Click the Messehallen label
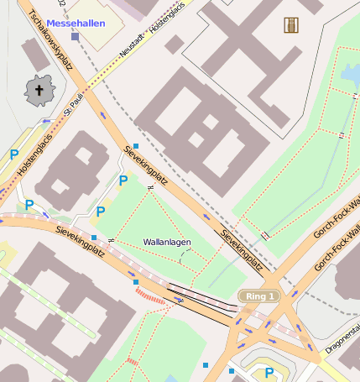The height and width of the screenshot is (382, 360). (76, 23)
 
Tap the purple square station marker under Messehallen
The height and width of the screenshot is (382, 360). (76, 37)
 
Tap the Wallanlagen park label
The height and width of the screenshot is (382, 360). (167, 242)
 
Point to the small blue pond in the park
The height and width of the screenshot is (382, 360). (351, 76)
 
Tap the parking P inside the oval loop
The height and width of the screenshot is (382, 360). (269, 373)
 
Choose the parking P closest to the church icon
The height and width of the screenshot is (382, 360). (14, 154)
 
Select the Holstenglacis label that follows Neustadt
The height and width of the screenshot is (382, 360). (168, 23)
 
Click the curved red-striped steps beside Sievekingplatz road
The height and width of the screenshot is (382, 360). (152, 295)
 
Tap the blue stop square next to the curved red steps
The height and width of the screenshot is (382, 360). (136, 282)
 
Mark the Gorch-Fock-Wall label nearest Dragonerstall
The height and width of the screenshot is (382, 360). (336, 248)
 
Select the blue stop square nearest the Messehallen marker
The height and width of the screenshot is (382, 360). (136, 146)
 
